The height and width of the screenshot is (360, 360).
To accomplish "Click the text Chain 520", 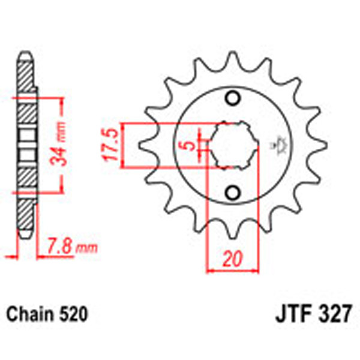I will pos(47,314).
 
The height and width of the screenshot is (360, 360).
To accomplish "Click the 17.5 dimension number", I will pos(110,146).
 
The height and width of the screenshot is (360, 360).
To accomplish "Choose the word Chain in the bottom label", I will pos(29,314).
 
